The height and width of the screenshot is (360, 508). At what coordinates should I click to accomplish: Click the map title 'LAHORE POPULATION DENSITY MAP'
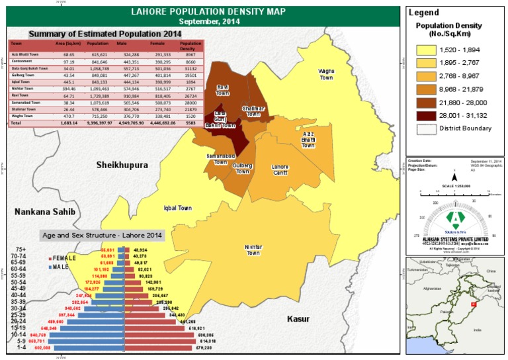[x=202, y=11]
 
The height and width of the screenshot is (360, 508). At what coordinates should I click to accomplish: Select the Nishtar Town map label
[x=254, y=249]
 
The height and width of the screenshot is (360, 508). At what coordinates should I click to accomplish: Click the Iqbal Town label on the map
[x=177, y=208]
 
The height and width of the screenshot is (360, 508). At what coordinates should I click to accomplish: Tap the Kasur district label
[x=298, y=319]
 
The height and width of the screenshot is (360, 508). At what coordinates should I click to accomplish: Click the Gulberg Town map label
[x=242, y=168]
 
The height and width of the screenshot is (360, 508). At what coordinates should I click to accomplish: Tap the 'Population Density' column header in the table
[x=190, y=46]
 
